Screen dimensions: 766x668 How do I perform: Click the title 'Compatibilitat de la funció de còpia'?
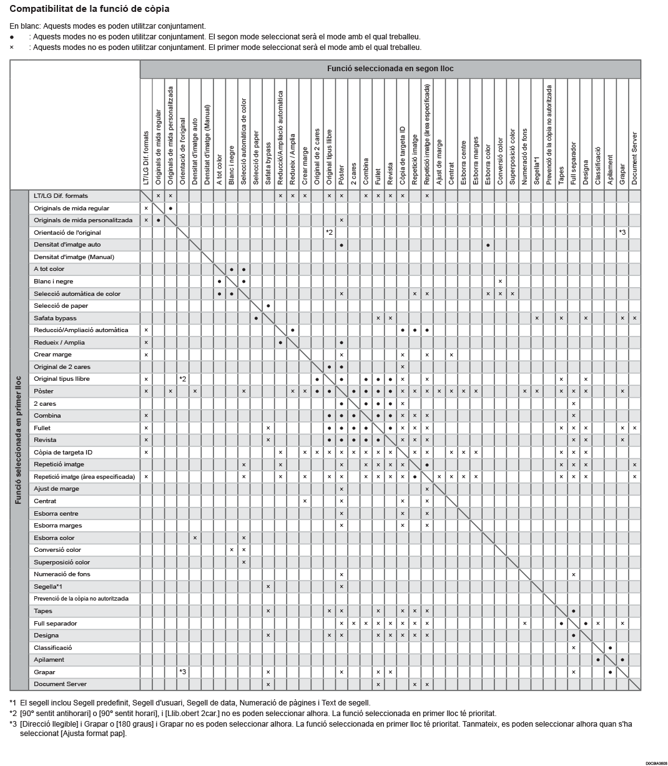tap(89, 9)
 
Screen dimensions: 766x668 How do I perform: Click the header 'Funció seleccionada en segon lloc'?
tap(390, 69)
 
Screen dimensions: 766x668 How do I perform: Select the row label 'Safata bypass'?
tap(55, 318)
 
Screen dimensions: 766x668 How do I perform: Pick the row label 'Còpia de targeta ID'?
tap(63, 453)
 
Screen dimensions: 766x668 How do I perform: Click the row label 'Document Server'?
tap(60, 684)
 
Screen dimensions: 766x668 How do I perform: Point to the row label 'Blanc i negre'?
tap(53, 282)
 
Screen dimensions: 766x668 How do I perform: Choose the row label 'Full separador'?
tap(56, 624)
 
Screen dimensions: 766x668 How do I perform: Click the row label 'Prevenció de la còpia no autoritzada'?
tap(81, 599)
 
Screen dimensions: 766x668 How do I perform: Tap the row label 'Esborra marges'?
tap(57, 526)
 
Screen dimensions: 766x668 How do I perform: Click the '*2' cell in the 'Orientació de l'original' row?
tap(329, 233)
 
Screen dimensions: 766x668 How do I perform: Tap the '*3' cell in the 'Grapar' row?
tap(183, 672)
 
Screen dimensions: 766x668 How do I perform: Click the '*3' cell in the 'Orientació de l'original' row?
tap(622, 233)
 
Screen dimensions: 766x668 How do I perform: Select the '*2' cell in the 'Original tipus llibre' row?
tap(183, 379)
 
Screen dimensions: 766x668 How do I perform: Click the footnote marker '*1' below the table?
tap(13, 703)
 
